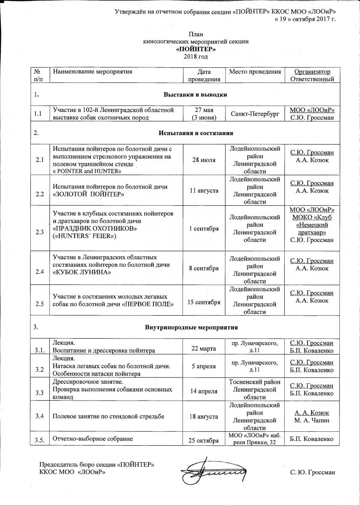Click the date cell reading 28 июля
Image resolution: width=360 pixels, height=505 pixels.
click(204, 160)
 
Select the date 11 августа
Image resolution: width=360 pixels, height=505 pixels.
click(204, 191)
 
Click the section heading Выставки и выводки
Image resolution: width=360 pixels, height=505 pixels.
click(195, 95)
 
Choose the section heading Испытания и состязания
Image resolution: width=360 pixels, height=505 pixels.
click(196, 133)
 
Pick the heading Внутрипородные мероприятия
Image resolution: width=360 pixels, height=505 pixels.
click(192, 327)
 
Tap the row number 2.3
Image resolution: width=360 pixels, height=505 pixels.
click(40, 232)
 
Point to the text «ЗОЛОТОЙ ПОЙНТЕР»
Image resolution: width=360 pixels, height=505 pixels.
click(88, 194)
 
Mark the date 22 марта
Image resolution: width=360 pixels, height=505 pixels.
click(204, 350)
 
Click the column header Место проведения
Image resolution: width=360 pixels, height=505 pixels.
click(254, 72)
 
